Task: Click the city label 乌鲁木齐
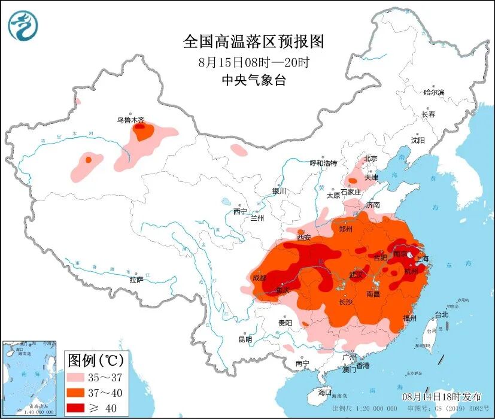(x=130, y=120)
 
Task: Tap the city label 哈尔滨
(x=434, y=92)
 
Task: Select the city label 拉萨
(x=136, y=280)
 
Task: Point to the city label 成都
(x=259, y=278)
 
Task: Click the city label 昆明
(x=245, y=339)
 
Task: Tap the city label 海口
(x=325, y=392)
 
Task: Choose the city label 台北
(x=441, y=314)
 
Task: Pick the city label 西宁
(x=240, y=211)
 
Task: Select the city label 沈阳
(x=417, y=140)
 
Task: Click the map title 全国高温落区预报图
(x=253, y=41)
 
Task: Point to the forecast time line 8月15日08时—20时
(x=253, y=62)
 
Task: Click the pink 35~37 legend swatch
(x=75, y=378)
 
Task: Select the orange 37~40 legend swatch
(x=75, y=393)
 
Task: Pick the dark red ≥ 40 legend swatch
(x=75, y=408)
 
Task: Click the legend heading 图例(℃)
(x=95, y=360)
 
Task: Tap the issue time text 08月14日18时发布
(x=441, y=397)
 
